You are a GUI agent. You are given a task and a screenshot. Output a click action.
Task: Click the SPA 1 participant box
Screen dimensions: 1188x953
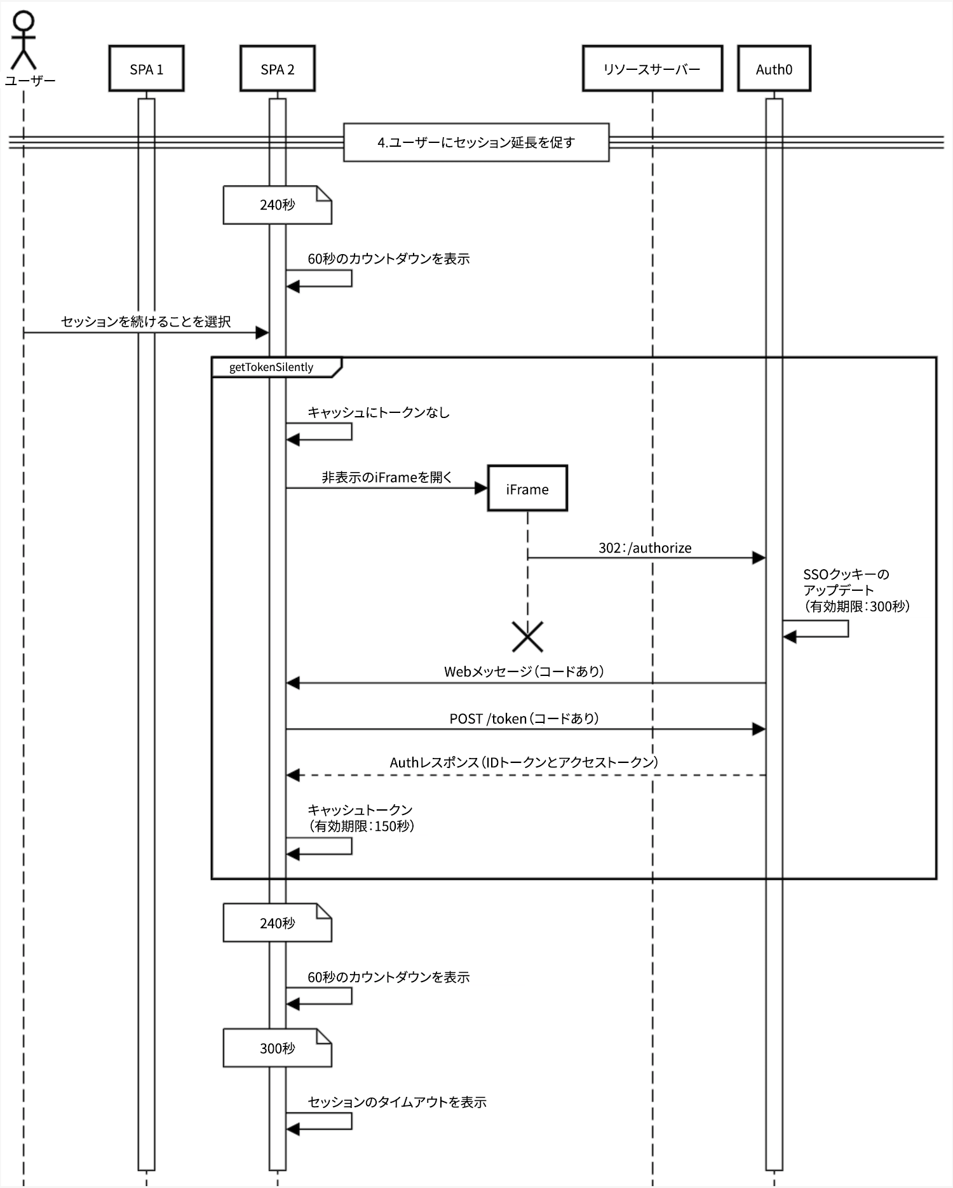tap(146, 69)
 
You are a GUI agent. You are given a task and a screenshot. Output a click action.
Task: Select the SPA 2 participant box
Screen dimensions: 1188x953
tap(277, 69)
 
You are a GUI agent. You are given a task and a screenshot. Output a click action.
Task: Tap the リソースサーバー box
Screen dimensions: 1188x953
tap(652, 69)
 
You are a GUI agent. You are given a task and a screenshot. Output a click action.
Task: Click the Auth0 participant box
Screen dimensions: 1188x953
tap(773, 69)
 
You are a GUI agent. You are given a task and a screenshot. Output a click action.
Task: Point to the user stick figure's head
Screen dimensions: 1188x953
tap(24, 21)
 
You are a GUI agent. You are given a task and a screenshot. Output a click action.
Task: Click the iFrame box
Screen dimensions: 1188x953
tap(527, 489)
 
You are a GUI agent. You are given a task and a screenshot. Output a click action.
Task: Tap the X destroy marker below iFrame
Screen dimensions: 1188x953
tap(527, 637)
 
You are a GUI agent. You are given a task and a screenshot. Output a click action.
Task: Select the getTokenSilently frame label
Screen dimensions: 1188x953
tap(272, 367)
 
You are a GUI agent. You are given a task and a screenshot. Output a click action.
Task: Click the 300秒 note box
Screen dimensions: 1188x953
tap(277, 1048)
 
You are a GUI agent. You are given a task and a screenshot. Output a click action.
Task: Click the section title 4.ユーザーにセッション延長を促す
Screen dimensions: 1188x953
tap(476, 142)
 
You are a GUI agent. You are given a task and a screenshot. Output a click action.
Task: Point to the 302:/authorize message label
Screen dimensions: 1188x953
tap(644, 548)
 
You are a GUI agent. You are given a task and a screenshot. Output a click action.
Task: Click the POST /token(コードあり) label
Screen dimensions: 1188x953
tap(524, 719)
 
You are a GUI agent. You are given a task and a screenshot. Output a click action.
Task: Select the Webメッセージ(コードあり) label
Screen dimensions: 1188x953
tap(524, 672)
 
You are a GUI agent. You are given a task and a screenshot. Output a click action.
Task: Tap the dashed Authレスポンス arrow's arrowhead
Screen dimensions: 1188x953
tap(293, 775)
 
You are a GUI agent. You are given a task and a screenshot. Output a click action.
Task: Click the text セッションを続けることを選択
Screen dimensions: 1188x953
tap(145, 321)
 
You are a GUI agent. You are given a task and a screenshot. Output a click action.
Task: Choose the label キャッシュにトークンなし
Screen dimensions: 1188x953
tap(378, 412)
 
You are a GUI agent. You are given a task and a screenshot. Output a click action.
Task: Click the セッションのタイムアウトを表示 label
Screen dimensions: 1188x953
tap(396, 1102)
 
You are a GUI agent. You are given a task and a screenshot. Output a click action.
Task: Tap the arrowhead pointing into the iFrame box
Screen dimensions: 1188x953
tap(481, 488)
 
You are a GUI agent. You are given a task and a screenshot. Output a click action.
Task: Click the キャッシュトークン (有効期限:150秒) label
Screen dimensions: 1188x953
tap(360, 818)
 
